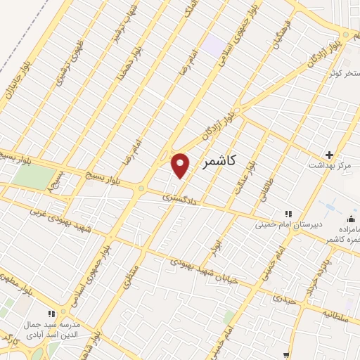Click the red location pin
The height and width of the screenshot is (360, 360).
(181, 165)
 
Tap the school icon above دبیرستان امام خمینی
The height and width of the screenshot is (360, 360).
(287, 213)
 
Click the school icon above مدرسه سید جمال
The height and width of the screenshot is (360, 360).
(50, 314)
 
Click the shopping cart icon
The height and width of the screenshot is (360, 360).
(286, 356)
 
